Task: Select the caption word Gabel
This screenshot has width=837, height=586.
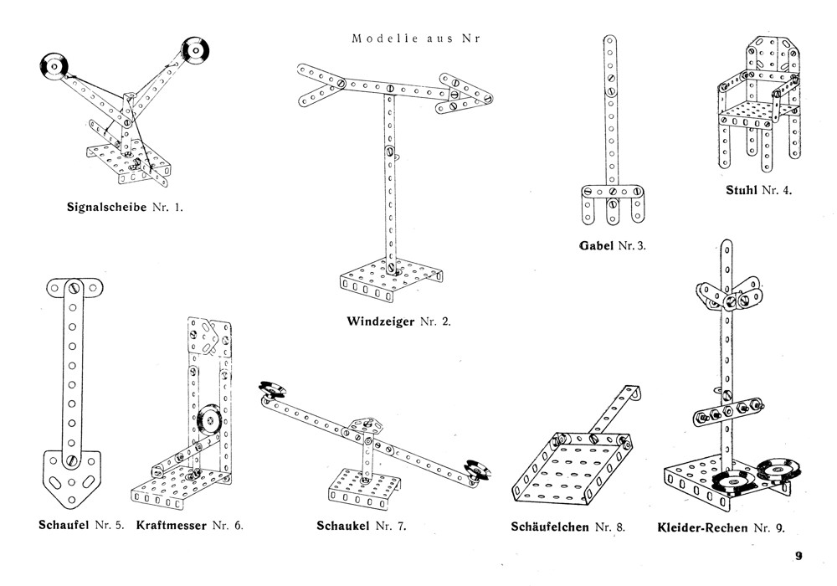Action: pyautogui.click(x=596, y=245)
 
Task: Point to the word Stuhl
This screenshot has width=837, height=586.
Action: pyautogui.click(x=742, y=190)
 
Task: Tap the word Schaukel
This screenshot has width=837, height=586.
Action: pyautogui.click(x=345, y=527)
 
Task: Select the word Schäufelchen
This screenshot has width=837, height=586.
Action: pyautogui.click(x=550, y=527)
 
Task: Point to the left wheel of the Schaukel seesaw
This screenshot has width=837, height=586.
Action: pyautogui.click(x=273, y=388)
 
